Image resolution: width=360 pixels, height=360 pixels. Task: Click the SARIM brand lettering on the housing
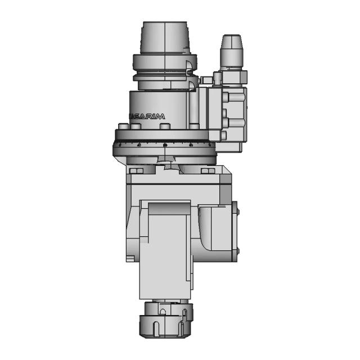[x=148, y=116]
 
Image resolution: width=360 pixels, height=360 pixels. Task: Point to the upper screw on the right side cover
[x=237, y=211]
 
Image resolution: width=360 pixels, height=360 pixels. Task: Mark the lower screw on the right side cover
[x=237, y=251]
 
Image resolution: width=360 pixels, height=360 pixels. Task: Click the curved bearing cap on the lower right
[x=217, y=231]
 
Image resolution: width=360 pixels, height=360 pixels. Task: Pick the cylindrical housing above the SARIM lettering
[x=157, y=101]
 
